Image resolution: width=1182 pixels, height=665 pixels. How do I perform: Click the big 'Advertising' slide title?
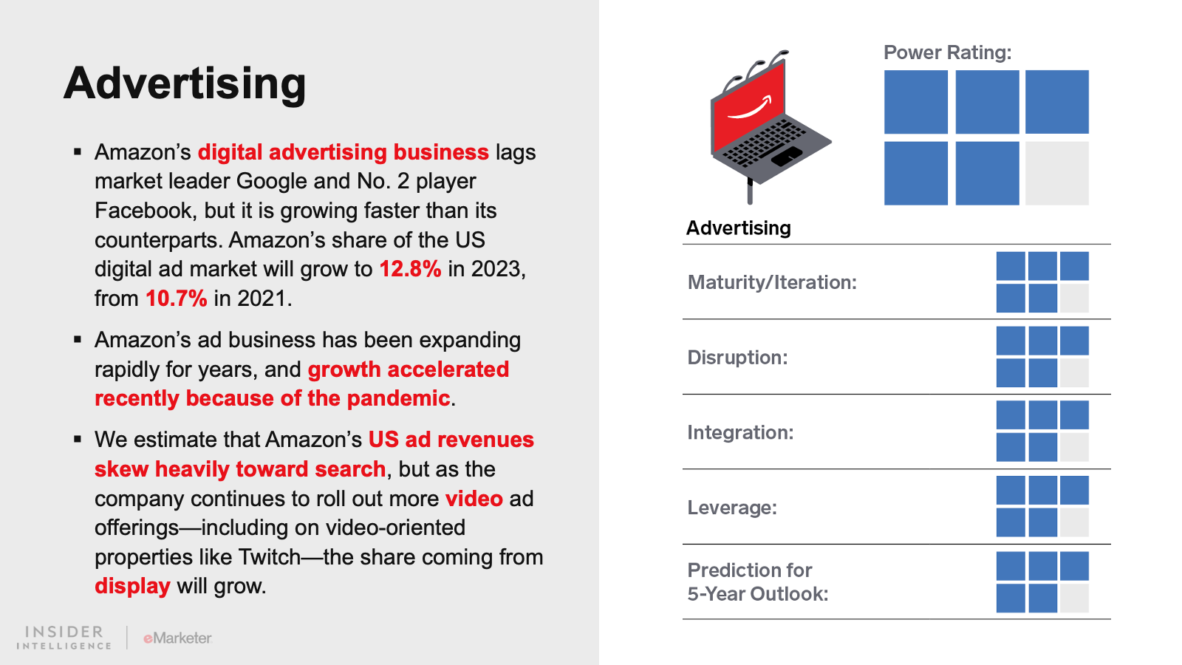[185, 83]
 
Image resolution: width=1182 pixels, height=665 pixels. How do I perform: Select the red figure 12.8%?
[410, 269]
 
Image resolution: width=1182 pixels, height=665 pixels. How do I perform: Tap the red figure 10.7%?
[177, 299]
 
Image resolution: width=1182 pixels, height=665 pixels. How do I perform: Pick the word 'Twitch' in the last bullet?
[269, 557]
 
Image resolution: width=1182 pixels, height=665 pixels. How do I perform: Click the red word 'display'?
[132, 587]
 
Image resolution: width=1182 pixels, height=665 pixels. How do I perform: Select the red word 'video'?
[474, 498]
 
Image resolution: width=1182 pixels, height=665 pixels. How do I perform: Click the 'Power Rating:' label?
[948, 52]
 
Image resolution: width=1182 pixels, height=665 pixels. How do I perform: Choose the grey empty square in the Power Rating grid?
[1057, 173]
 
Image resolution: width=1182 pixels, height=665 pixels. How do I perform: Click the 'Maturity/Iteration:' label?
[772, 282]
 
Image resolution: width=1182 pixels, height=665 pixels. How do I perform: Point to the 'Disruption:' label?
[738, 358]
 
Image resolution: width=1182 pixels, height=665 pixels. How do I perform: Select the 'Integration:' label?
[740, 432]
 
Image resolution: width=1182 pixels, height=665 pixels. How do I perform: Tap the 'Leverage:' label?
[732, 508]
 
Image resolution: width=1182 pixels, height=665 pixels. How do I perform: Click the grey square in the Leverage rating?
[1074, 522]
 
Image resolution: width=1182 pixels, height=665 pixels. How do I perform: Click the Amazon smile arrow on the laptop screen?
[750, 108]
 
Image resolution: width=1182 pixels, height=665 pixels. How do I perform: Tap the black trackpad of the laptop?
[786, 156]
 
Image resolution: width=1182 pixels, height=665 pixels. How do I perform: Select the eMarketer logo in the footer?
[178, 638]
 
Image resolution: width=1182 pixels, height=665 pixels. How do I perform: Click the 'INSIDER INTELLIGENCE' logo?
[64, 638]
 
